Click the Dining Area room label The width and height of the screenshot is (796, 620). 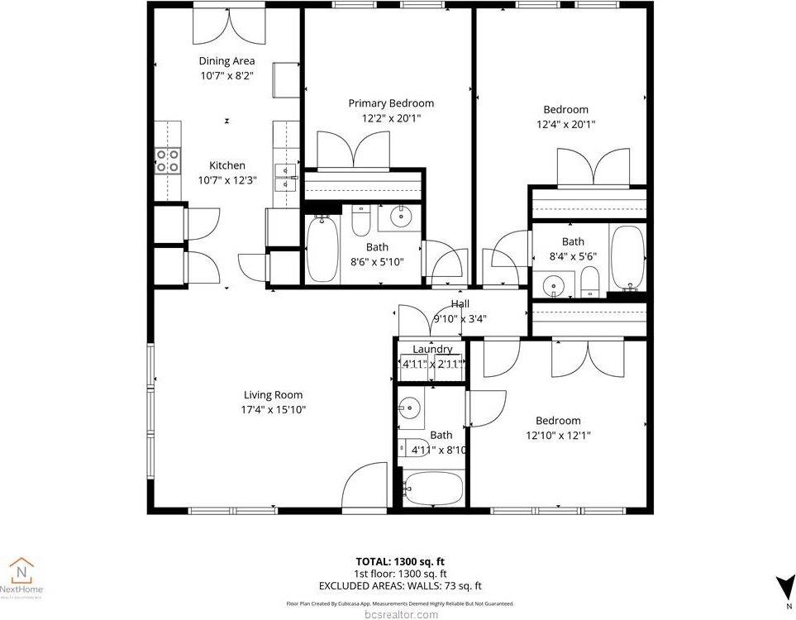click(226, 60)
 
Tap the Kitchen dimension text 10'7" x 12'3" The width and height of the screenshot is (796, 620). click(226, 180)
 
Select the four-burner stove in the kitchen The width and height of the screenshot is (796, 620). click(168, 160)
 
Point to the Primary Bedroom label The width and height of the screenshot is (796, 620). click(390, 103)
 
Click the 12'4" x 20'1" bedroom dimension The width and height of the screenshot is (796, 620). click(565, 125)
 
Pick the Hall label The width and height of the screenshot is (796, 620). click(460, 304)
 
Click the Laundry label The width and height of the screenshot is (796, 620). click(432, 349)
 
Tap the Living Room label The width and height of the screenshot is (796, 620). click(273, 394)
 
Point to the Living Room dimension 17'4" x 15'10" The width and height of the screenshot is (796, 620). click(273, 409)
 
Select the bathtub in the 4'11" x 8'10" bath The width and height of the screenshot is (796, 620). click(433, 489)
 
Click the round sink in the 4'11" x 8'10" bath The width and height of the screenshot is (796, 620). click(410, 408)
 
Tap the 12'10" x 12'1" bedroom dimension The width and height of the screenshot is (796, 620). click(558, 435)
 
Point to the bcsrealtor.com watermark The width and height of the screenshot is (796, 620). click(400, 614)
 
